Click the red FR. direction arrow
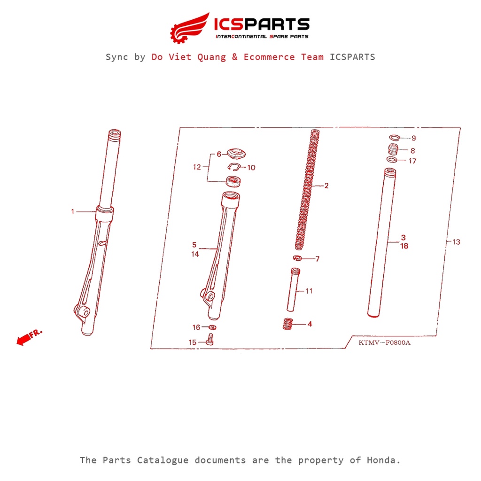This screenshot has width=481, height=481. tap(29, 337)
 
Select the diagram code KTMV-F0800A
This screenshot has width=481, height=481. tap(384, 342)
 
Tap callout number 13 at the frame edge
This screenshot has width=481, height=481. tap(456, 242)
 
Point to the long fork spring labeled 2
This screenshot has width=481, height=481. tap(307, 190)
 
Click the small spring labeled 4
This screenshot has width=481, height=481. tap(287, 324)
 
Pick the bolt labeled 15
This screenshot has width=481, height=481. tap(210, 340)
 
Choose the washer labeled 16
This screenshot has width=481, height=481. tap(212, 327)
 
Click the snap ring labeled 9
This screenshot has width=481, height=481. tap(395, 138)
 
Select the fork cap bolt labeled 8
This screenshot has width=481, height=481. tap(393, 149)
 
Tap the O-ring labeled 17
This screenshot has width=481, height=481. tap(392, 160)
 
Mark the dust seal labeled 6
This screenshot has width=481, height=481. tap(236, 154)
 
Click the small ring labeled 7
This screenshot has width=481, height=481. tap(297, 258)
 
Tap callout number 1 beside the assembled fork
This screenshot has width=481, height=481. tap(73, 212)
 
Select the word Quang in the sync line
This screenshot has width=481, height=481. tap(211, 57)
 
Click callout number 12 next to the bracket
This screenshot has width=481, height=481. tap(197, 167)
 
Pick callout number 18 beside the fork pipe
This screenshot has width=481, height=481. tap(404, 246)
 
